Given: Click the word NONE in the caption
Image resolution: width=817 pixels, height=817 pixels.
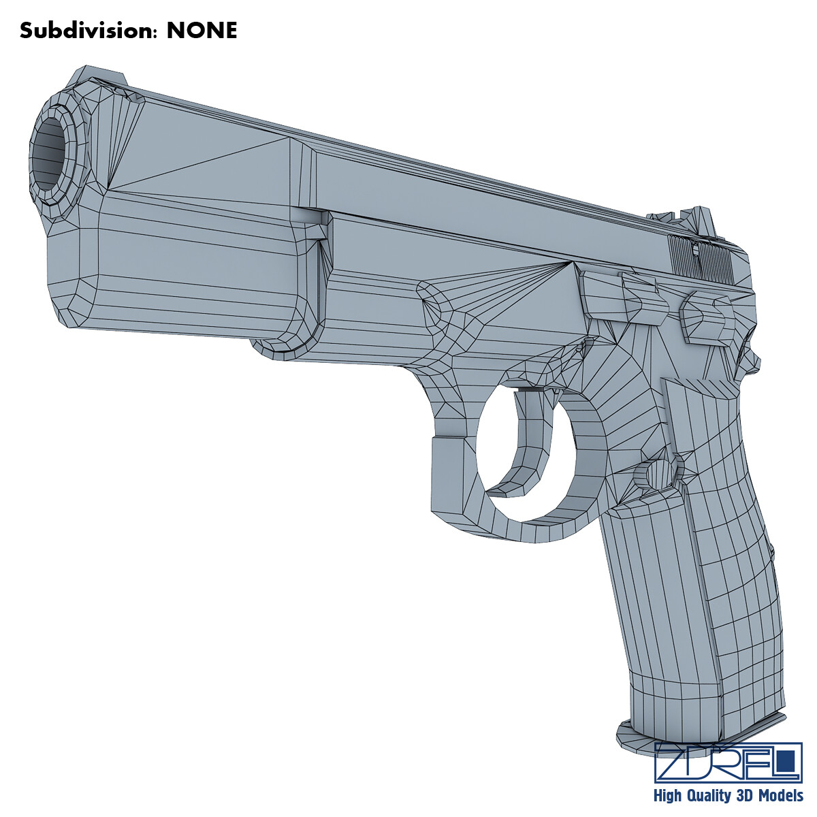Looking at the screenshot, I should click(202, 31).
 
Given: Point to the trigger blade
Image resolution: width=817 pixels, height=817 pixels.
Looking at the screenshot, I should click(524, 443).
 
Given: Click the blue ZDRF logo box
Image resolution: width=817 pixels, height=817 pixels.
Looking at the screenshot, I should click(727, 763).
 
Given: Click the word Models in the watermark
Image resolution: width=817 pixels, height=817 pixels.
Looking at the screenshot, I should click(780, 795).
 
